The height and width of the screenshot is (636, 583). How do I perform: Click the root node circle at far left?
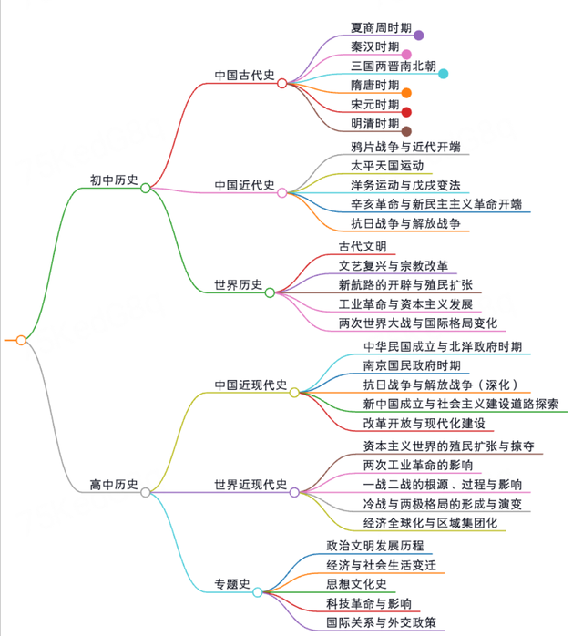click(x=21, y=340)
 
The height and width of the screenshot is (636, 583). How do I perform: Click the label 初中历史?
click(x=114, y=180)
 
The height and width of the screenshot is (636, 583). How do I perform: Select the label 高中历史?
click(x=114, y=485)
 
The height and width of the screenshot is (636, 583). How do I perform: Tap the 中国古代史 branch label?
click(x=244, y=75)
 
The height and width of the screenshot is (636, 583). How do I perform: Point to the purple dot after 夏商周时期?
click(x=419, y=36)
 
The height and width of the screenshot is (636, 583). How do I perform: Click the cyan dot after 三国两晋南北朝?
click(x=444, y=74)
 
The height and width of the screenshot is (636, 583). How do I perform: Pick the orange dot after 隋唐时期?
click(x=406, y=93)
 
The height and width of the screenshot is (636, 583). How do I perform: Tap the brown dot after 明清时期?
click(x=406, y=131)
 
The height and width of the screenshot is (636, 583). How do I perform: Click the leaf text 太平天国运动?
click(x=387, y=166)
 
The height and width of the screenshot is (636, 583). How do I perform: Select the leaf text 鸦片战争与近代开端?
click(x=405, y=147)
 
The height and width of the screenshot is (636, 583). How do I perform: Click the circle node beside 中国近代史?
click(x=282, y=192)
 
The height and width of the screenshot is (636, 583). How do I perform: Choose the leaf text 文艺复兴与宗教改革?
click(x=394, y=266)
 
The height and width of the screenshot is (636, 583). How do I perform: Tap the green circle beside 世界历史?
click(x=270, y=292)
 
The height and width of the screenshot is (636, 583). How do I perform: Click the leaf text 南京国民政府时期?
click(x=412, y=365)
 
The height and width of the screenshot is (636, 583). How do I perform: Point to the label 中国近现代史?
click(x=251, y=385)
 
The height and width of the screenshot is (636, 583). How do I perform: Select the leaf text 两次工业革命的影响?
click(x=418, y=465)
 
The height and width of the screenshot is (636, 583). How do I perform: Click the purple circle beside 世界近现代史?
click(x=294, y=492)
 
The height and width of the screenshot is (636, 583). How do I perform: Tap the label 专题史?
click(x=232, y=584)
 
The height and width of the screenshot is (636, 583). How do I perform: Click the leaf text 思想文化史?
click(x=357, y=584)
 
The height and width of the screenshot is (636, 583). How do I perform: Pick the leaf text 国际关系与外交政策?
click(x=381, y=622)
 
